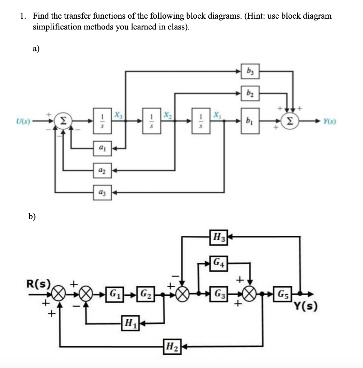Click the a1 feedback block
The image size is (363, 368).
[x=102, y=148]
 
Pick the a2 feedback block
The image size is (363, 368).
[x=102, y=170]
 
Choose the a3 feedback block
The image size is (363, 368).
[x=102, y=193]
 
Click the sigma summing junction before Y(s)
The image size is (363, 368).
[x=290, y=121]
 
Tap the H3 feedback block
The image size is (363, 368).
[x=219, y=237]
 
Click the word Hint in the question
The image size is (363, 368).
[x=255, y=16]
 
